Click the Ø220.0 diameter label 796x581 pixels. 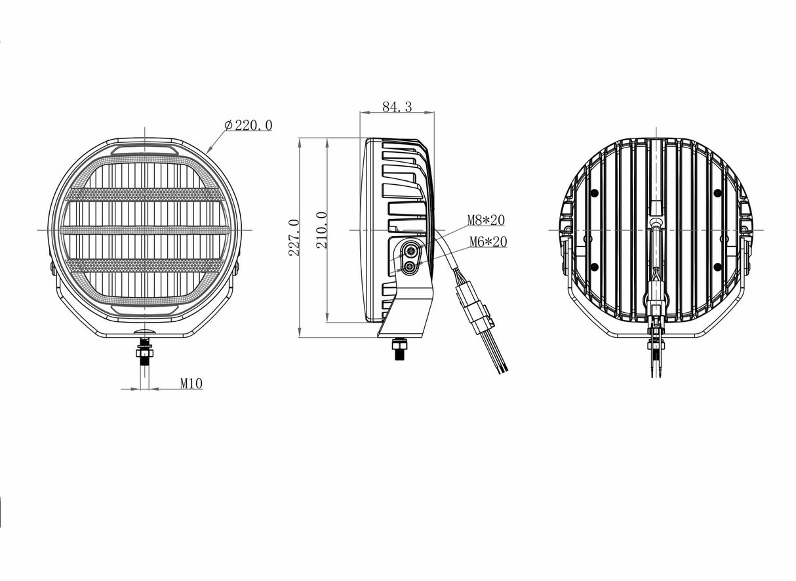[249, 125]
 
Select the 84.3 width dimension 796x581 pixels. [397, 107]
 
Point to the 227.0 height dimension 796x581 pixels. [294, 237]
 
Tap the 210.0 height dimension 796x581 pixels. [321, 230]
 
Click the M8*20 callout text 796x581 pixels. [486, 220]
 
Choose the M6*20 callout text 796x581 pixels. [488, 242]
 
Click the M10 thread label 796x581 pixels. [191, 384]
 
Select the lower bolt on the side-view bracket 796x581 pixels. [410, 266]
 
